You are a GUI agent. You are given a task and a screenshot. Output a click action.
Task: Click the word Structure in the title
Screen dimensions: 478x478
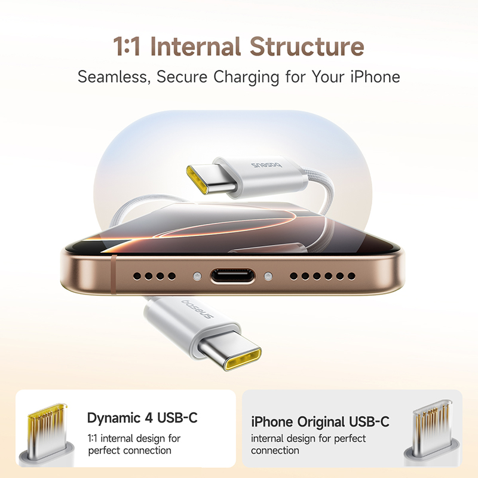tap(307, 47)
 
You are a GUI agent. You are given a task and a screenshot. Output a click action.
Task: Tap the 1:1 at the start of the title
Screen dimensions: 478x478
tap(127, 47)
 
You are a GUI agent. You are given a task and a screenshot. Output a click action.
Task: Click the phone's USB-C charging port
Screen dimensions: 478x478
tap(232, 277)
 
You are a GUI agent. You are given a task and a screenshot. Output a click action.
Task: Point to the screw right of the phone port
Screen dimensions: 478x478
tap(268, 277)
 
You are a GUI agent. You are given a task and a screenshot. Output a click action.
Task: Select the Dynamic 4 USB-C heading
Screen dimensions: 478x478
tap(142, 418)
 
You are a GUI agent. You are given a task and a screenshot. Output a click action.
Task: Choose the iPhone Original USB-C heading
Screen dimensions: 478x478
tap(320, 422)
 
